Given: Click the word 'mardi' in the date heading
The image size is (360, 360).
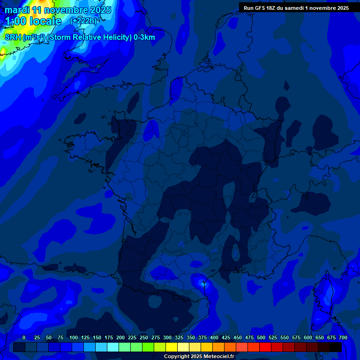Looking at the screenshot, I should (x=17, y=10).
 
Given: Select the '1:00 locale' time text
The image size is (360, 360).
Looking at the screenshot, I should (x=34, y=21).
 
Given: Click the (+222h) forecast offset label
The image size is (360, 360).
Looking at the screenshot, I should (x=83, y=21).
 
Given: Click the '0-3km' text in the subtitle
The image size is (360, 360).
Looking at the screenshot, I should (x=144, y=37).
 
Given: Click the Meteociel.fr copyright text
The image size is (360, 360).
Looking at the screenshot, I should (x=199, y=357).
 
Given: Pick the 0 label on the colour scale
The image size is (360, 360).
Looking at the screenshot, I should (x=24, y=337).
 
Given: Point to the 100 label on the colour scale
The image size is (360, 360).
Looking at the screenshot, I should (x=74, y=337).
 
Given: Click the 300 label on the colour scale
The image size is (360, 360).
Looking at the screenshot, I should (x=167, y=337).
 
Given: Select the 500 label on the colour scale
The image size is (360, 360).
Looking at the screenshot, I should (x=261, y=337).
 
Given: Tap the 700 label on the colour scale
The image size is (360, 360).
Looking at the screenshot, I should (x=343, y=337).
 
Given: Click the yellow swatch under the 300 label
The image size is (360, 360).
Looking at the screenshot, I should (x=172, y=347).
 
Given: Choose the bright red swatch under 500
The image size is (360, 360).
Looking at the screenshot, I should (x=265, y=347).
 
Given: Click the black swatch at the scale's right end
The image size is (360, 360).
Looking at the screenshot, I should (x=336, y=347).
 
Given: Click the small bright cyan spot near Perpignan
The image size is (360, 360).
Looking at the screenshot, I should (x=203, y=283).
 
